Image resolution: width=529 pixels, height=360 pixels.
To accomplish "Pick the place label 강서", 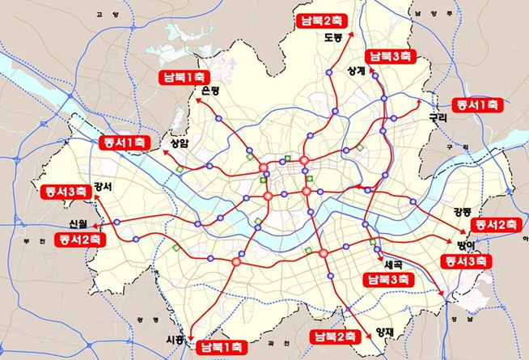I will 103,186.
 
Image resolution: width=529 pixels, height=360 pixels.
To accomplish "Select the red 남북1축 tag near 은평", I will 184,78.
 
